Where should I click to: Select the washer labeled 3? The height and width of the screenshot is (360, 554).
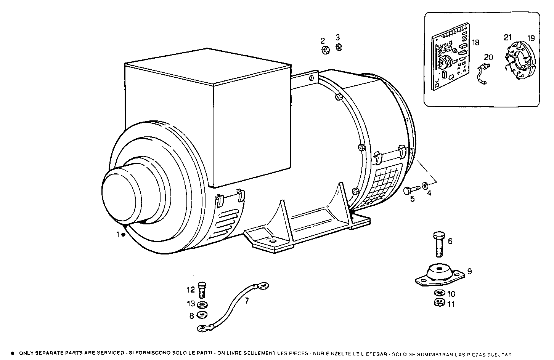point(338,48)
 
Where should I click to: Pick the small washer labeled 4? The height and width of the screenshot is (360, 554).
point(424,186)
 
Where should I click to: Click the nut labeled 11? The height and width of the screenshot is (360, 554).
point(439,302)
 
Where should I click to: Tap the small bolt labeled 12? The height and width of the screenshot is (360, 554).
point(202,290)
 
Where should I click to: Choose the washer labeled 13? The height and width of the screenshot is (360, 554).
point(202,304)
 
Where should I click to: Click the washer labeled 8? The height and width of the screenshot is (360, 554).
point(201,315)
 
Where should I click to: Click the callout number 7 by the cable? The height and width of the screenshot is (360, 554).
point(247,301)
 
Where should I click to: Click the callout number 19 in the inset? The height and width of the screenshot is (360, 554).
point(531,38)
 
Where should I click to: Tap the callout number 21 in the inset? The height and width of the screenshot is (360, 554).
point(507,37)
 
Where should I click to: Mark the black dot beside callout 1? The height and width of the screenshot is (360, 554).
point(124,235)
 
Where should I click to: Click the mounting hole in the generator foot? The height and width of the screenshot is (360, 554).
point(272,242)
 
